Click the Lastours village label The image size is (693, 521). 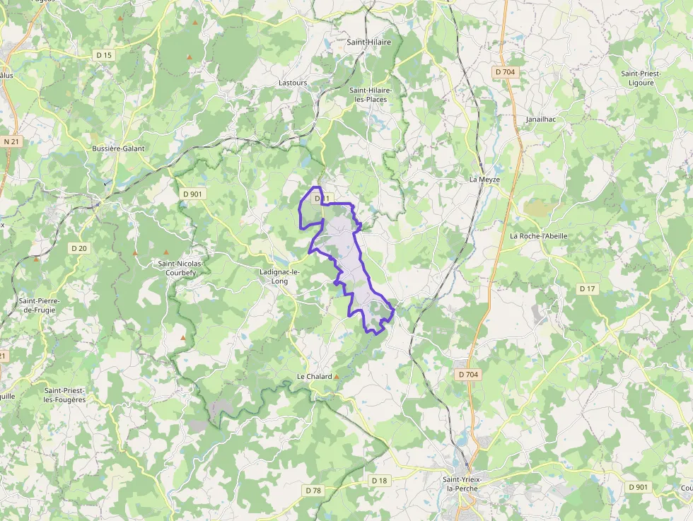click(x=293, y=83)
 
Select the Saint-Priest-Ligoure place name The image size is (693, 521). click(x=637, y=78)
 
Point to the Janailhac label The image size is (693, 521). click(x=541, y=119)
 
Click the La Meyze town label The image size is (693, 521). click(x=484, y=180)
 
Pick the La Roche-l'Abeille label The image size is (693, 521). click(x=539, y=236)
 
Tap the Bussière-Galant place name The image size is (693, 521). click(x=118, y=148)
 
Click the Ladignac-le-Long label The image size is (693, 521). click(x=280, y=276)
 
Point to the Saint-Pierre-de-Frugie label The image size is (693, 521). click(x=40, y=305)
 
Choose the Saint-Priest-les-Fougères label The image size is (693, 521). click(x=64, y=395)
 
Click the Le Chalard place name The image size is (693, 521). click(x=314, y=377)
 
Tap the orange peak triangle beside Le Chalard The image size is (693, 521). click(x=337, y=377)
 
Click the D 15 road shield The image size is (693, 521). click(x=104, y=55)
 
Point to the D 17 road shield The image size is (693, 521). click(x=588, y=288)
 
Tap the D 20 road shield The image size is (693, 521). click(x=78, y=248)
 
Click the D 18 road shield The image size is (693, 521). click(x=380, y=481)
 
